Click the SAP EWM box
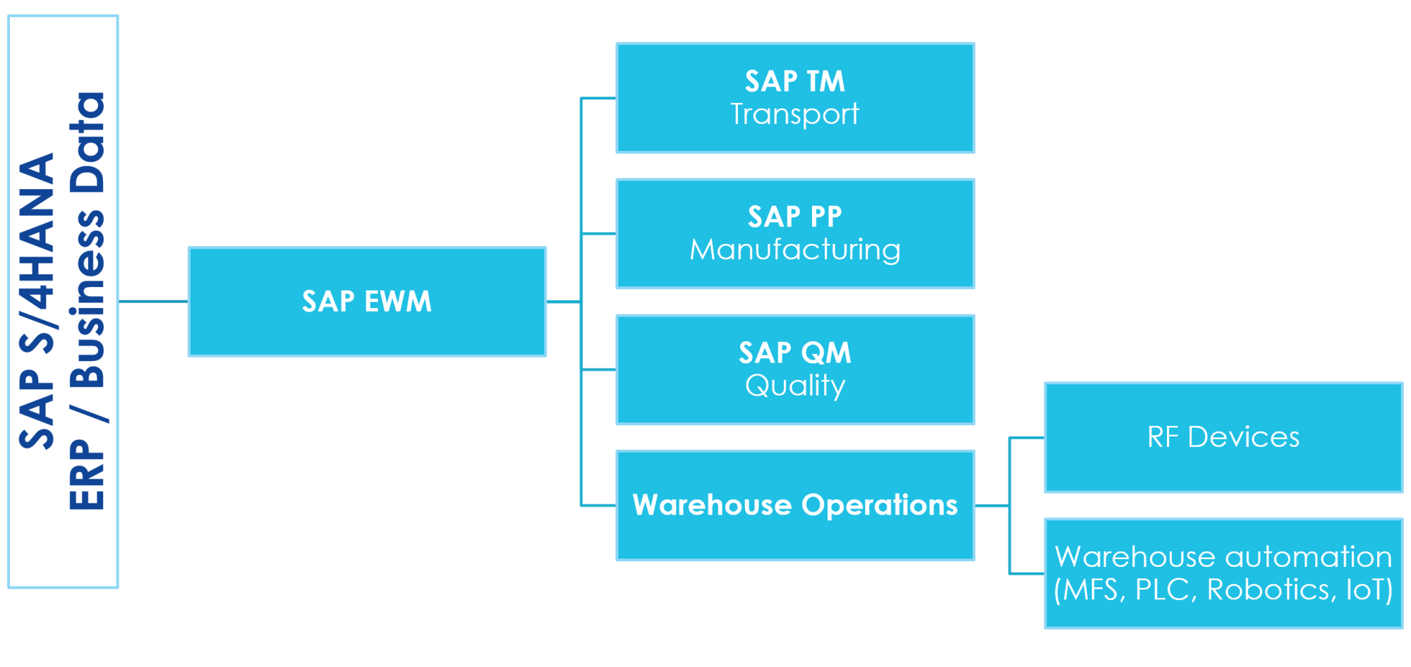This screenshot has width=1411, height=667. point(367,302)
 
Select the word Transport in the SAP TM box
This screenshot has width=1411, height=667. point(794,114)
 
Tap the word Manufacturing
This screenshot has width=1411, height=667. point(795,250)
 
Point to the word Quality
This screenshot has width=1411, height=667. point(795,386)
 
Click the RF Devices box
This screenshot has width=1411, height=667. point(1223,437)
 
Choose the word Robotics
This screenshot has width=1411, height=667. point(1267,590)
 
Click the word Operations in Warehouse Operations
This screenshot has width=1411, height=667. point(879,506)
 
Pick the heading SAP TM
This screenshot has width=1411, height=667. point(795,81)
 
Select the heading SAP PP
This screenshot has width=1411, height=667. point(795,216)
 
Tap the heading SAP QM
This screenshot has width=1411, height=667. point(795,353)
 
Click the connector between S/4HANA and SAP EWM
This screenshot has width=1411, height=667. point(153,302)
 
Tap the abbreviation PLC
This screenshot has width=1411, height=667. point(1161,590)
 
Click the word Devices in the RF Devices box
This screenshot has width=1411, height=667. point(1243,437)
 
